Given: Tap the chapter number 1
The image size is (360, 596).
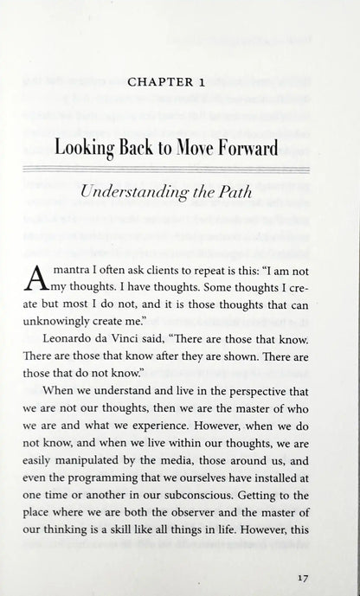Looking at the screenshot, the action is (x=224, y=84).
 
